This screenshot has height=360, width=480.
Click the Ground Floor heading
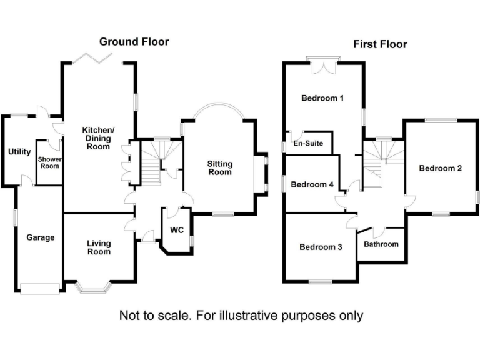point(134,42)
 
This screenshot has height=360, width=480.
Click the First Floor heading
point(380,44)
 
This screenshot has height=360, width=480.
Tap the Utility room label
point(19,152)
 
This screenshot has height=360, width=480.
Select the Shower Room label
point(49,162)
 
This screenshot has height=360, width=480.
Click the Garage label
point(40,237)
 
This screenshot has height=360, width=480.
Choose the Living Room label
point(99,247)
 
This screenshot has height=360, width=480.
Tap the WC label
point(177,230)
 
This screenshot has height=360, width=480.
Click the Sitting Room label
point(220,168)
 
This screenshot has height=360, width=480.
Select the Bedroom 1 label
point(322,98)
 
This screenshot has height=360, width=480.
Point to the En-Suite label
point(309,144)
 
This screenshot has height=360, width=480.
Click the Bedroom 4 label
point(312,184)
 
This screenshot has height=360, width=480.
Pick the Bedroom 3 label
point(321,247)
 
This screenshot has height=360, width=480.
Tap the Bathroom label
point(381,244)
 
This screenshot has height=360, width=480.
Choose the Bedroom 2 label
point(441,168)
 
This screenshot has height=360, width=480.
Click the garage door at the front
point(40,288)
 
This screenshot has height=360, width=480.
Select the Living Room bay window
point(93,287)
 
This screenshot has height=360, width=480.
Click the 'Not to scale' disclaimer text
point(241,316)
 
